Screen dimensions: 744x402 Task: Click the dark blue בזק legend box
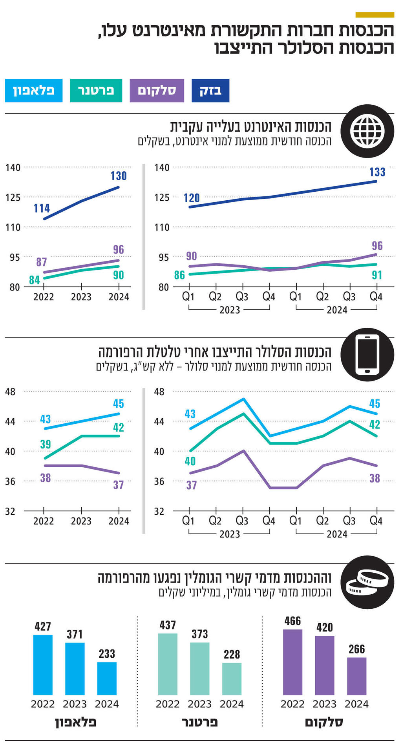pos(210,91)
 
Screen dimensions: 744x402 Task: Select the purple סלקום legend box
pos(157,91)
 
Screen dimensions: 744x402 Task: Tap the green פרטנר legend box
pos(96,91)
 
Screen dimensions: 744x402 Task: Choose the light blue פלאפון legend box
pos(34,91)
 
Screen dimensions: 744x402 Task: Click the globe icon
pos(367,131)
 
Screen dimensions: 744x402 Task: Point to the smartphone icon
pos(367,354)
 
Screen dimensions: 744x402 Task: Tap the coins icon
pos(367,582)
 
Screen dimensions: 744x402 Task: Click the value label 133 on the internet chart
pos(377,172)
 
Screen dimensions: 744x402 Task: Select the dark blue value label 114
pos(42,208)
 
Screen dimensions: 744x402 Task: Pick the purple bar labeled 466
pos(292,662)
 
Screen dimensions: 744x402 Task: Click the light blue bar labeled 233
pos(107,678)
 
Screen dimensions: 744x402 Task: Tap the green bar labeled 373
pos(200,668)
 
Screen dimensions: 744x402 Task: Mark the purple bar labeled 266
pos(356,676)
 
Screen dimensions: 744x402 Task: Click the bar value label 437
pos(168,625)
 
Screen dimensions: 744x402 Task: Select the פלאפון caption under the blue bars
pos(75,722)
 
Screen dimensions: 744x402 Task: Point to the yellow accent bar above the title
pos(375,15)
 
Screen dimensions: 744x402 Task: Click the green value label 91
pos(377,275)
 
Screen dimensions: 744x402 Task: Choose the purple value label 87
pos(42,262)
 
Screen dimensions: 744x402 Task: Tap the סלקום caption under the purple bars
pos(324,722)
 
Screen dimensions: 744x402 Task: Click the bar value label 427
pos(43,626)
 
